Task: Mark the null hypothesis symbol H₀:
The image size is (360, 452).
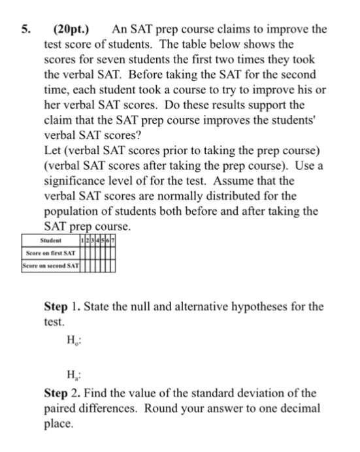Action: pyautogui.click(x=73, y=339)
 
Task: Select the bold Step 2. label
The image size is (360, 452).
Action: pyautogui.click(x=62, y=393)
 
